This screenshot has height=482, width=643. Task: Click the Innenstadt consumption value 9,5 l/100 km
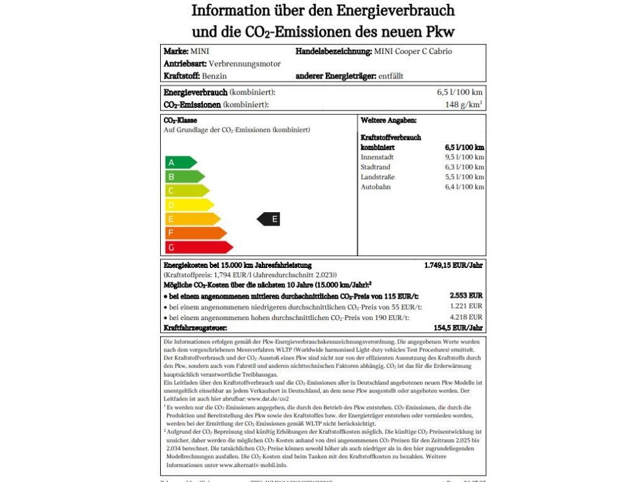pos(465,157)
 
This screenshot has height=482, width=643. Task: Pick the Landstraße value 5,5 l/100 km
pos(465,177)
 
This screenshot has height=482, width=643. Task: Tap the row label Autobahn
pos(376,187)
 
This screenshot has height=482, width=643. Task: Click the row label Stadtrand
pos(376,167)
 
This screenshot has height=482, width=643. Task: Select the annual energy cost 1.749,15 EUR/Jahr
pos(453,265)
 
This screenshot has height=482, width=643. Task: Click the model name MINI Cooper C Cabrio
pos(413,51)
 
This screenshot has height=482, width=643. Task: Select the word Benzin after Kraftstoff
pos(215,76)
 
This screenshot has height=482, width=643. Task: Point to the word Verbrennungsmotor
pos(245,63)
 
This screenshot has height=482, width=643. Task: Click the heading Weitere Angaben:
pos(389,120)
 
